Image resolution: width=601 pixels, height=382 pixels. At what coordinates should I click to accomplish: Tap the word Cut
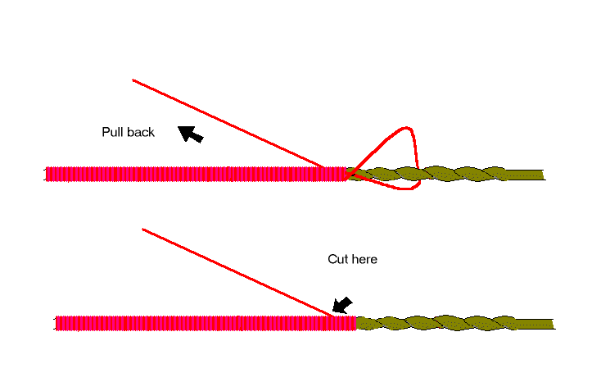point(337,259)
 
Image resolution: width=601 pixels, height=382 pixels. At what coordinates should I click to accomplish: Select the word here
point(364,259)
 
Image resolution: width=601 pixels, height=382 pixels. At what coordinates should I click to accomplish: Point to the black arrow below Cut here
point(342,306)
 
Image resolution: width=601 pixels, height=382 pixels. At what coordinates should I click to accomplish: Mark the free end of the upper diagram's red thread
point(133,80)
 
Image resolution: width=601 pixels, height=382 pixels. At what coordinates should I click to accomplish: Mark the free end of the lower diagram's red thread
point(143,230)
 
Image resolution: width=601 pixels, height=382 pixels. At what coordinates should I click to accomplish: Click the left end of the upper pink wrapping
point(47,174)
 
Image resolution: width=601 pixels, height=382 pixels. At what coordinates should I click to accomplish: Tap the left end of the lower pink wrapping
point(57,323)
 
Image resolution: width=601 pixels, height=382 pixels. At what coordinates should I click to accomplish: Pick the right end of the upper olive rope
point(542,174)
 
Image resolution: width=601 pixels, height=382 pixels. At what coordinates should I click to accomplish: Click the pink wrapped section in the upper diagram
point(197,174)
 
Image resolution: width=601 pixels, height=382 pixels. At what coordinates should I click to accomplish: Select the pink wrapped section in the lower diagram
point(205,323)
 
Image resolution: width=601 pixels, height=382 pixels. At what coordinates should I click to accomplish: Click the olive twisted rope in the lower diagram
point(459,323)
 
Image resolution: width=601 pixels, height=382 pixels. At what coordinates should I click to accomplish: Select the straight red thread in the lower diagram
point(237,271)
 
